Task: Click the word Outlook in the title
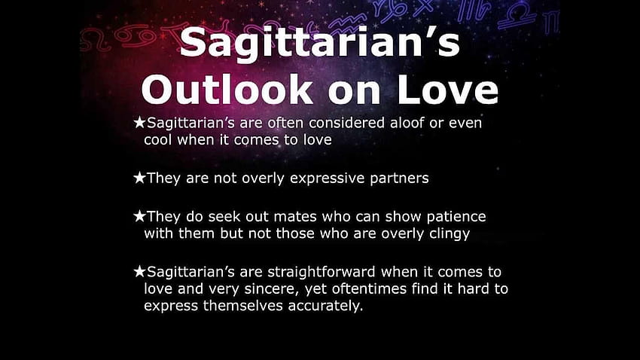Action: point(227,90)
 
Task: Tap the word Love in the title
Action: point(447,90)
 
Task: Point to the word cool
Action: point(158,139)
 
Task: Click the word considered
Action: point(346,123)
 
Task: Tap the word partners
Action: point(399,178)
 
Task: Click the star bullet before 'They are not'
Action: point(139,178)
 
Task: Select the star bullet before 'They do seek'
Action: point(139,216)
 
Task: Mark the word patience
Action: point(456,217)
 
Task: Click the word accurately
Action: point(325,306)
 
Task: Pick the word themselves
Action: point(243,306)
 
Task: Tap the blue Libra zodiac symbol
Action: point(517,16)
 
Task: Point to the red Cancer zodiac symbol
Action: point(134,36)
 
